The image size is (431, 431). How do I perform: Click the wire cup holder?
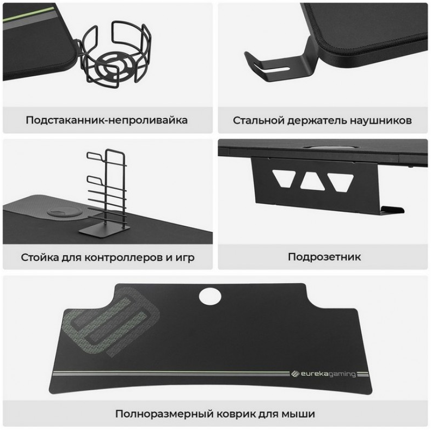[x=115, y=55]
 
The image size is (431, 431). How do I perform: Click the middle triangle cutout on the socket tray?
[x=311, y=181]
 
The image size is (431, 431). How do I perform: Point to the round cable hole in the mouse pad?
[x=210, y=295]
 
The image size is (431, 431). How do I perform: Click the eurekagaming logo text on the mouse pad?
[x=328, y=374]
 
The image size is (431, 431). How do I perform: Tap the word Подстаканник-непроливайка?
[x=107, y=120]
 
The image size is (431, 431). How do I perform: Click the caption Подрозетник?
[x=324, y=257]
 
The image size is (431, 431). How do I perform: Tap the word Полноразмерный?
[x=164, y=414]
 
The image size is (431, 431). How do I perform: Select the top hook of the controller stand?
[x=95, y=156]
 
